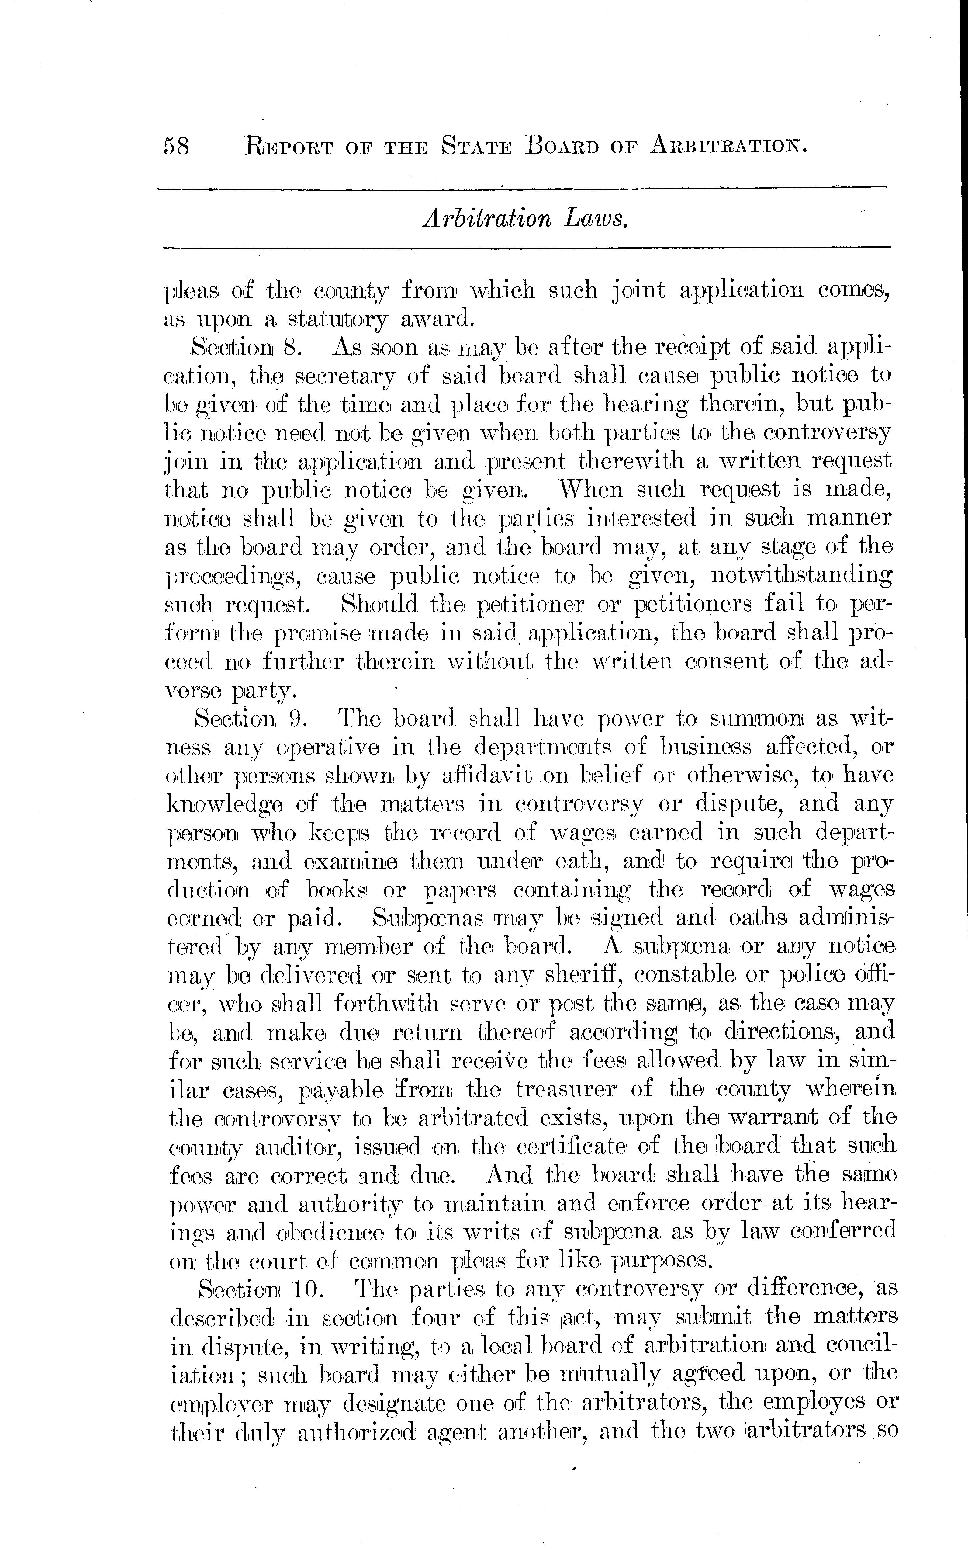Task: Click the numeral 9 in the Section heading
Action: coord(296,719)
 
